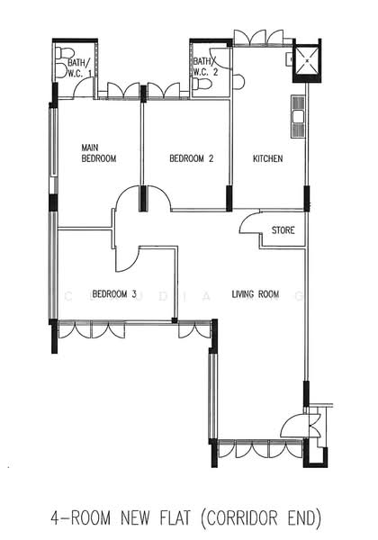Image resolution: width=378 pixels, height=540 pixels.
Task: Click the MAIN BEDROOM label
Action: (x=99, y=153)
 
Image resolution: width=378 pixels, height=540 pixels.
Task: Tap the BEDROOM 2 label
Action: (x=192, y=158)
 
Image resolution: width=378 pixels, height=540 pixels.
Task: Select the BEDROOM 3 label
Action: (x=114, y=294)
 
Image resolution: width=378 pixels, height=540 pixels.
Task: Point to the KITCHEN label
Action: (x=268, y=158)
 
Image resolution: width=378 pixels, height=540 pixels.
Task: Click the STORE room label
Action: (x=283, y=230)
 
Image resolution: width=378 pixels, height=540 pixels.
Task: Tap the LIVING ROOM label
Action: (x=255, y=294)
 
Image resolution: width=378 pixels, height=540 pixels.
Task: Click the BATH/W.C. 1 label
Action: (x=80, y=67)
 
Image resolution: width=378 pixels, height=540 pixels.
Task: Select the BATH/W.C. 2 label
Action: (x=205, y=67)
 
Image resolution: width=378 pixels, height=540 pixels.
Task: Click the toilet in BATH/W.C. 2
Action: (x=202, y=84)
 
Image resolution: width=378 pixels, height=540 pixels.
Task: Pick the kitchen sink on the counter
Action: (x=297, y=116)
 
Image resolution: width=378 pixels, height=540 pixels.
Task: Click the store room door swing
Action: (x=249, y=223)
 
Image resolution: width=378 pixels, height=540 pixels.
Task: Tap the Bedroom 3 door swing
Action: (x=127, y=259)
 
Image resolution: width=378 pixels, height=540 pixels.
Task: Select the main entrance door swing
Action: (x=292, y=426)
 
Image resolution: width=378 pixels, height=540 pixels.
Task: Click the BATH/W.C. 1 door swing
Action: (x=84, y=88)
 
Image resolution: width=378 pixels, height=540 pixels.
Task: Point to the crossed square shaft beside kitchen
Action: (x=306, y=60)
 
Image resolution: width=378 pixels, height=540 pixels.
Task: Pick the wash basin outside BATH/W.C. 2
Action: (x=238, y=82)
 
